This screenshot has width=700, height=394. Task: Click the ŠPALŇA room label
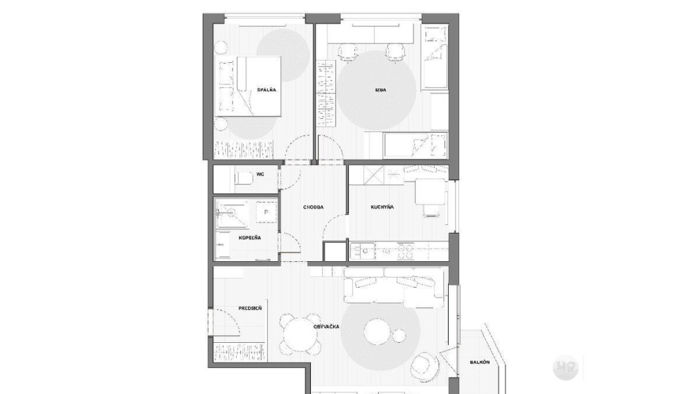[267, 90]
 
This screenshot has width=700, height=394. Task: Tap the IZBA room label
[380, 90]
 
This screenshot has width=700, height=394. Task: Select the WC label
[260, 173]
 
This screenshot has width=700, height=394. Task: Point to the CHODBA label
[313, 207]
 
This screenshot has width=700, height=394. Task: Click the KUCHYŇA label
[382, 207]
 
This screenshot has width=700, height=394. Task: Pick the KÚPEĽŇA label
[249, 238]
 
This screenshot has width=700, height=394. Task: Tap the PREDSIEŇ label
[250, 308]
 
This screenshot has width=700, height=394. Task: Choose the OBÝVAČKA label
[326, 327]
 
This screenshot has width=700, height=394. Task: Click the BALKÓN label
[479, 362]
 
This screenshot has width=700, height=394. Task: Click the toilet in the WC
[243, 178]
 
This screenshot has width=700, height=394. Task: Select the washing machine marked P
[266, 212]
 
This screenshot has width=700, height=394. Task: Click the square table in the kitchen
[431, 191]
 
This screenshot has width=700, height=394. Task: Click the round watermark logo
[566, 368]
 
